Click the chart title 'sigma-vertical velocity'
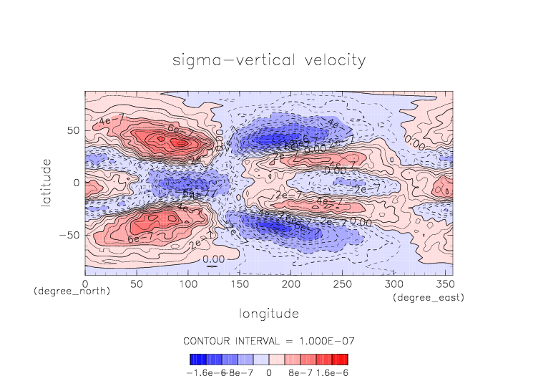[x=269, y=60]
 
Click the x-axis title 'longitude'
[x=269, y=314]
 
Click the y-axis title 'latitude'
[x=47, y=183]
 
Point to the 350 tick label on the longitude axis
[x=444, y=284]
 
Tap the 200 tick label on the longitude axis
[x=290, y=284]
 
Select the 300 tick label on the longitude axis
[x=392, y=284]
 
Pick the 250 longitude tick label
[x=341, y=284]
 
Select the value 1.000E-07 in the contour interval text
[x=326, y=340]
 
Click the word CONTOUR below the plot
[x=209, y=340]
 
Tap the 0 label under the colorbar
[x=268, y=372]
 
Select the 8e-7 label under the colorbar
[x=300, y=372]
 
